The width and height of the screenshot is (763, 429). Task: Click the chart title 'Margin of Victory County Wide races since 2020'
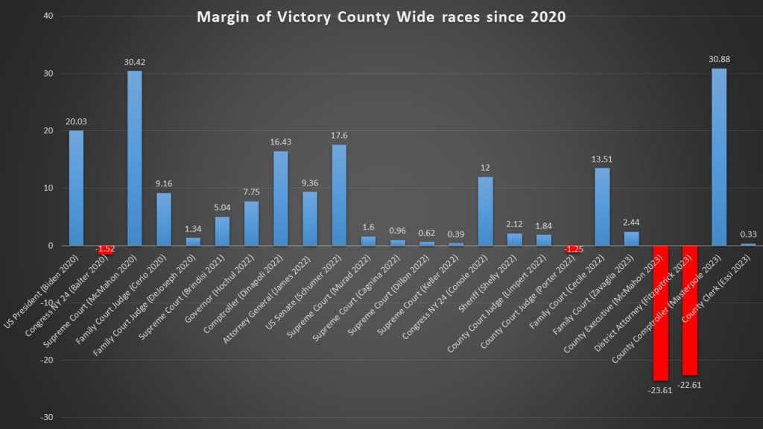pos(381,17)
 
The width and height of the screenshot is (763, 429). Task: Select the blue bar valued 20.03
pos(77,188)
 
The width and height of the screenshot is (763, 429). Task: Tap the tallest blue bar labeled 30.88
pos(718,157)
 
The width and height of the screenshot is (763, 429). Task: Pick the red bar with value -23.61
pos(660,313)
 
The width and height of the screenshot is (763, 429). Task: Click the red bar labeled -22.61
pos(689,310)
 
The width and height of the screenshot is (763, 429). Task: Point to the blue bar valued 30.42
pos(135,158)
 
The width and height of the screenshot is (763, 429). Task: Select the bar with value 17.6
pos(339,195)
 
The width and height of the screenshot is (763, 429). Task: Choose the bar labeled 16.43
pos(281,198)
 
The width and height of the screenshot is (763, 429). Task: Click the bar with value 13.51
pos(602,206)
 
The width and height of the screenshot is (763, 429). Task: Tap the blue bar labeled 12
pos(485,211)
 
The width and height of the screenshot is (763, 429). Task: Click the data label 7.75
pos(251,192)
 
